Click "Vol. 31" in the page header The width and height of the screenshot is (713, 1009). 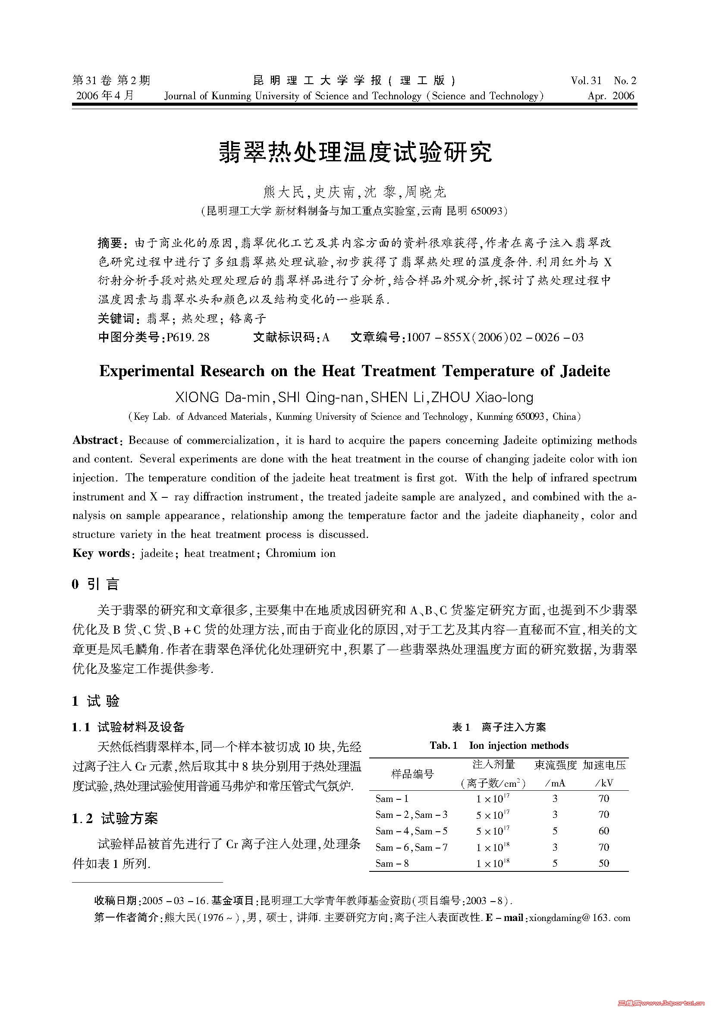coord(586,80)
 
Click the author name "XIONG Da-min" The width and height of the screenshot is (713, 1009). coord(222,397)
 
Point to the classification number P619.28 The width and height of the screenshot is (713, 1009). coord(185,337)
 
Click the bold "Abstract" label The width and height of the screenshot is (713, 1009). coord(95,440)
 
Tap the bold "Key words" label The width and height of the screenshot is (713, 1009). coord(101,553)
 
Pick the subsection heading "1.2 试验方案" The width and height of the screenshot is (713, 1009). coord(115,818)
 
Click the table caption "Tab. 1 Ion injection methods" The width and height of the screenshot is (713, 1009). coord(499,745)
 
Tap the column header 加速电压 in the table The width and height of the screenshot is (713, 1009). coord(604,765)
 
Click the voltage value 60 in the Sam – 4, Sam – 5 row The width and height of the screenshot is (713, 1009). coord(603,830)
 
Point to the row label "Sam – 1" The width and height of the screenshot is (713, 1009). coord(392,798)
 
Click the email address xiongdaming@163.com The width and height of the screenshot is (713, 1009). coord(579,918)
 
